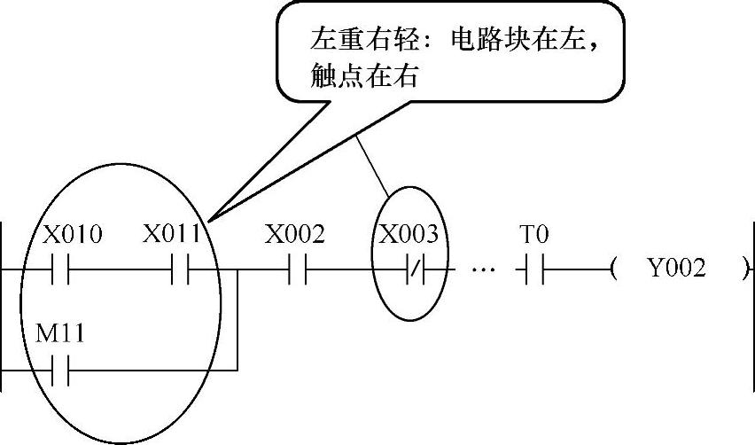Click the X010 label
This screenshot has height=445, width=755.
tap(74, 235)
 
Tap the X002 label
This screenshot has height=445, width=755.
tap(295, 235)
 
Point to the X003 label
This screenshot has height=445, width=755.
tap(409, 235)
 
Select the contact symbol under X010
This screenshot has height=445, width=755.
tap(60, 269)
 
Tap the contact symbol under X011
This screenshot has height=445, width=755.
tap(181, 269)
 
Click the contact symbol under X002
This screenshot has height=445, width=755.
tap(297, 269)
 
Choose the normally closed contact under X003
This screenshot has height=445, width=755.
tap(414, 269)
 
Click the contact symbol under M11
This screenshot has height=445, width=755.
tap(60, 368)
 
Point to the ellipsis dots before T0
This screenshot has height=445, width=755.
tap(483, 269)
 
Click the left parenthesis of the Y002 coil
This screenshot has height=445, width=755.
tap(613, 269)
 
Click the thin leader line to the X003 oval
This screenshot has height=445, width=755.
tap(372, 168)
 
